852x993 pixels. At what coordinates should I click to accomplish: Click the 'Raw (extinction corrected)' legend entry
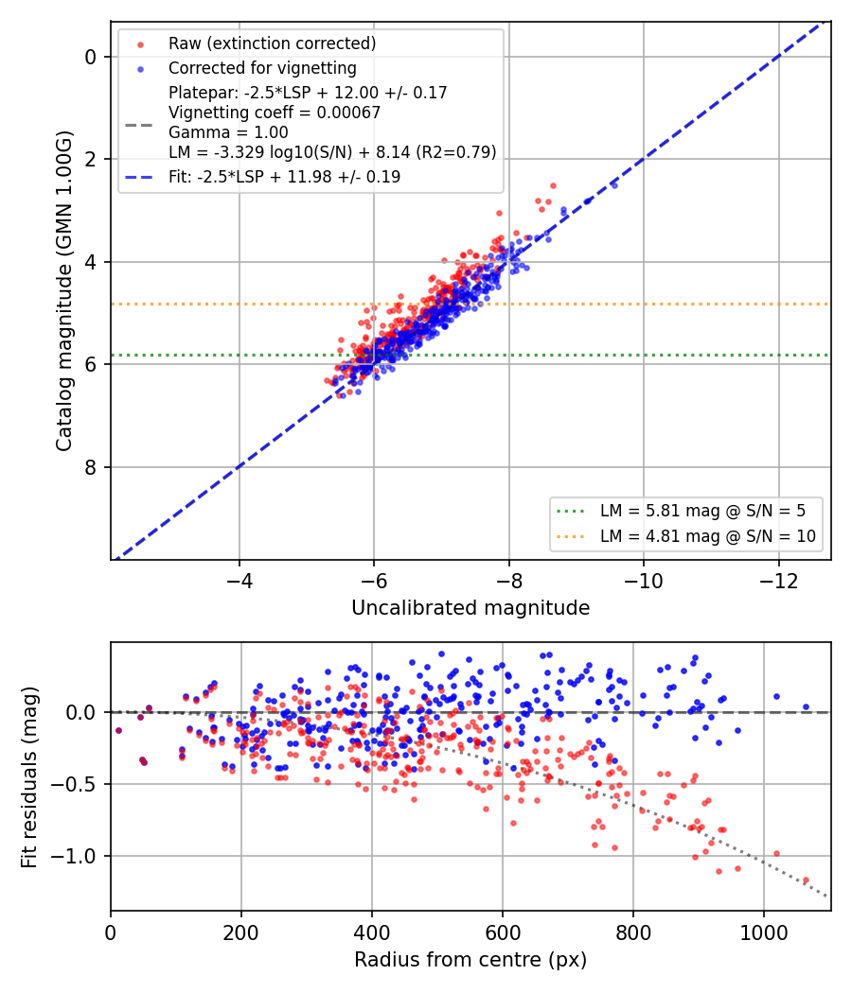tap(272, 44)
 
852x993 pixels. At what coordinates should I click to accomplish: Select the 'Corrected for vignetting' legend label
tap(262, 68)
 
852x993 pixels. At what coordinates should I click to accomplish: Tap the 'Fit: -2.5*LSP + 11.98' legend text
tap(285, 177)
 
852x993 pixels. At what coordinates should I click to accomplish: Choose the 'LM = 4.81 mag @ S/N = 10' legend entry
tap(708, 536)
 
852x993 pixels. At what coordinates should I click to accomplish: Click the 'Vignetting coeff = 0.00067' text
tap(275, 113)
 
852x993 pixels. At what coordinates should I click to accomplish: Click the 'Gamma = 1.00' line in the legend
tap(228, 132)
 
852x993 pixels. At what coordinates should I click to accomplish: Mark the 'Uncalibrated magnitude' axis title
tap(470, 608)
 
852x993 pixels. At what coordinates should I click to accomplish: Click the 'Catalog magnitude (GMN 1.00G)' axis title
tap(64, 290)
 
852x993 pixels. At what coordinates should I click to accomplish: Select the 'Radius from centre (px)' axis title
tap(470, 960)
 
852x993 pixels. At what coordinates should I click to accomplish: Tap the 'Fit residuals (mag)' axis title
tap(29, 777)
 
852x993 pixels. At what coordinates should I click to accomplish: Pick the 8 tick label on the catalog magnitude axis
tap(91, 467)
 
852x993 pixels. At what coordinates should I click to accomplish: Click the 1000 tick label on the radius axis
tap(764, 932)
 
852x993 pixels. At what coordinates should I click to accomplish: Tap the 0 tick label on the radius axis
tap(111, 932)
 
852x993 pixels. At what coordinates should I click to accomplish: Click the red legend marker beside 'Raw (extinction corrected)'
tap(141, 44)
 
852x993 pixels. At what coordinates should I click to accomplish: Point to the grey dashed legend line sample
tap(139, 126)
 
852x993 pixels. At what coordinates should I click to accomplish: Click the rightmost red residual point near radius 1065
tap(806, 880)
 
